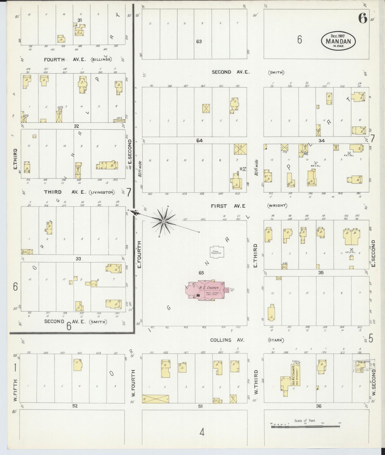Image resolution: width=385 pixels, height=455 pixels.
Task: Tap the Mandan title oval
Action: click(338, 41)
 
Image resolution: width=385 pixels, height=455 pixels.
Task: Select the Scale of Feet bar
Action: click(305, 427)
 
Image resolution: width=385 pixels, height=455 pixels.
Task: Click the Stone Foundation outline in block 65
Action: click(217, 252)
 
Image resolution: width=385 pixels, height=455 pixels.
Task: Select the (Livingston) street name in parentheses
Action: click(102, 192)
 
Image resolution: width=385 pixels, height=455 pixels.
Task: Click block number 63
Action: click(199, 42)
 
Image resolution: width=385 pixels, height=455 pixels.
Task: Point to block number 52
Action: click(75, 406)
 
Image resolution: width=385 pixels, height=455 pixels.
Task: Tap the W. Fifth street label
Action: click(15, 390)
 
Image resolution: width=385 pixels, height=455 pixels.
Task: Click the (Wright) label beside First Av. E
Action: click(277, 206)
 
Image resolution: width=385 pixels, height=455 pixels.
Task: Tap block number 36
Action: click(318, 406)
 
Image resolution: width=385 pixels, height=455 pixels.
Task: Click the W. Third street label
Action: click(256, 382)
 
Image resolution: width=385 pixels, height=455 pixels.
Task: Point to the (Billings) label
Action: click(101, 60)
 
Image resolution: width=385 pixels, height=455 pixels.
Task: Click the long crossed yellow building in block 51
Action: click(155, 399)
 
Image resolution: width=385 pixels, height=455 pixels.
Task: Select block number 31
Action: click(79, 20)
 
